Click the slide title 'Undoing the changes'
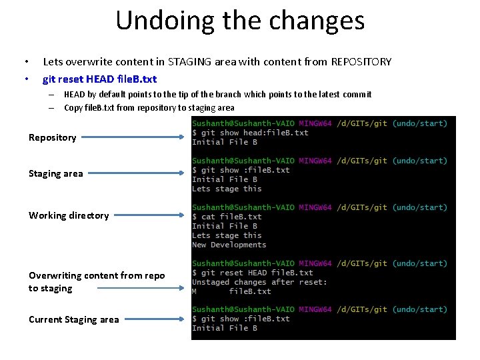[240, 20]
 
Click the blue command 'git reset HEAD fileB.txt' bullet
[99, 79]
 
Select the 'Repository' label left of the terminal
[52, 138]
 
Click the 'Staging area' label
[55, 174]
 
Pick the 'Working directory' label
[68, 215]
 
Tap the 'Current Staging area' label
[73, 319]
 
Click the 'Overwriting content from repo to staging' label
[96, 282]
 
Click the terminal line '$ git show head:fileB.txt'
[250, 133]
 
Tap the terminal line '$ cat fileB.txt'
[227, 217]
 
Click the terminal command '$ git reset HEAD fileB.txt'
[252, 273]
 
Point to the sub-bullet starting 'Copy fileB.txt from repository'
[149, 107]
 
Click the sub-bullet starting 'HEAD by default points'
[217, 95]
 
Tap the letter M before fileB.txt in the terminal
[195, 291]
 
